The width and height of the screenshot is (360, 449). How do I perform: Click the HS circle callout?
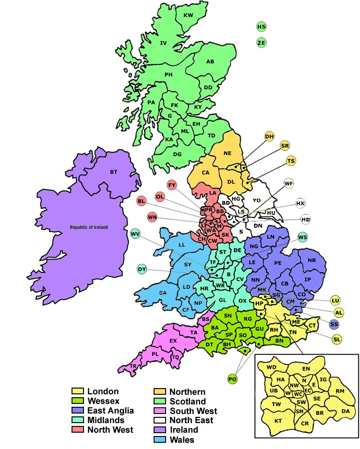pyautogui.click(x=261, y=27)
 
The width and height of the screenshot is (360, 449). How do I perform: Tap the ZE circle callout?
pyautogui.click(x=261, y=43)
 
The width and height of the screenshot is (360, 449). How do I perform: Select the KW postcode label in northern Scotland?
pyautogui.click(x=189, y=15)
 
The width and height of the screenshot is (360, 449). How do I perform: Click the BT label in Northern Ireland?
pyautogui.click(x=113, y=172)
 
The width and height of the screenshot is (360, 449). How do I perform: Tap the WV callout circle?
pyautogui.click(x=135, y=234)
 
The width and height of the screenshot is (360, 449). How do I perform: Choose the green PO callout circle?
pyautogui.click(x=233, y=379)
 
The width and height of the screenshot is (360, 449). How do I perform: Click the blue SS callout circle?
pyautogui.click(x=335, y=325)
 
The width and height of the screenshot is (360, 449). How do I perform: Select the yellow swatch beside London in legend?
pyautogui.click(x=77, y=392)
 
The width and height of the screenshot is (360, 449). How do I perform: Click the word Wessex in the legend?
pyautogui.click(x=104, y=401)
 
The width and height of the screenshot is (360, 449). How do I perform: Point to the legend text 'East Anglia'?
pyautogui.click(x=111, y=411)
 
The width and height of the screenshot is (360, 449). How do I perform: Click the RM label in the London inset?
pyautogui.click(x=340, y=391)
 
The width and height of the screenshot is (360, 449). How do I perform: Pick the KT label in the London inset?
pyautogui.click(x=278, y=421)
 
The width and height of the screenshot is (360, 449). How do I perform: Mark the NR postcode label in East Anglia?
pyautogui.click(x=312, y=260)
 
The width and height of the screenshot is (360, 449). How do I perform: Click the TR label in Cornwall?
pyautogui.click(x=133, y=366)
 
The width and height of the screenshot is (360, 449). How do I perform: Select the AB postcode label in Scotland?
pyautogui.click(x=210, y=61)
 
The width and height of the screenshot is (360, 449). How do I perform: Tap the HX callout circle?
pyautogui.click(x=300, y=203)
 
